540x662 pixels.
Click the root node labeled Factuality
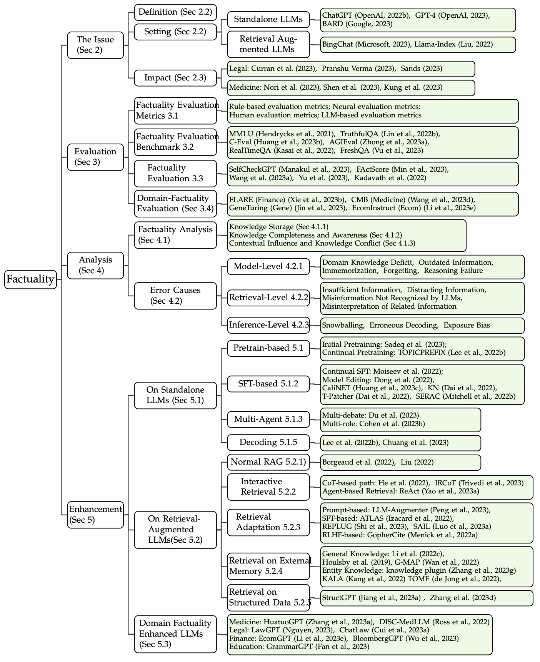[30, 279]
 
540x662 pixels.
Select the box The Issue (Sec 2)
[95, 45]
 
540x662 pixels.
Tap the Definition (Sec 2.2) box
[175, 12]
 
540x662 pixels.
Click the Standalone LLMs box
[268, 19]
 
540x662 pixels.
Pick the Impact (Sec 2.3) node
[175, 78]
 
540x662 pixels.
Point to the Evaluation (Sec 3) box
[95, 157]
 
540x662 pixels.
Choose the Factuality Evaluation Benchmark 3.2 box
[175, 142]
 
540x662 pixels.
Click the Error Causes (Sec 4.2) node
[175, 296]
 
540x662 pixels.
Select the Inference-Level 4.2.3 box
[268, 325]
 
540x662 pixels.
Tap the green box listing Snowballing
[422, 325]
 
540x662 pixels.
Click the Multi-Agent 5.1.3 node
[268, 419]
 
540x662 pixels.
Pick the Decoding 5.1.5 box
[268, 443]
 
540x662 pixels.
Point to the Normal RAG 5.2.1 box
[268, 462]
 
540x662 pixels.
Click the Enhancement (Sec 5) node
[95, 515]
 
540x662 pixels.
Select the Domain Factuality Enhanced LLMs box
[175, 634]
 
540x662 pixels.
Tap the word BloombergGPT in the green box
[377, 639]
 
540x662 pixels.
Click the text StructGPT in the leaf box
[338, 598]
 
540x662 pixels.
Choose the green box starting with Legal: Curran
[351, 69]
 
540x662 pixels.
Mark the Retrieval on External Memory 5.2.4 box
[268, 566]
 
